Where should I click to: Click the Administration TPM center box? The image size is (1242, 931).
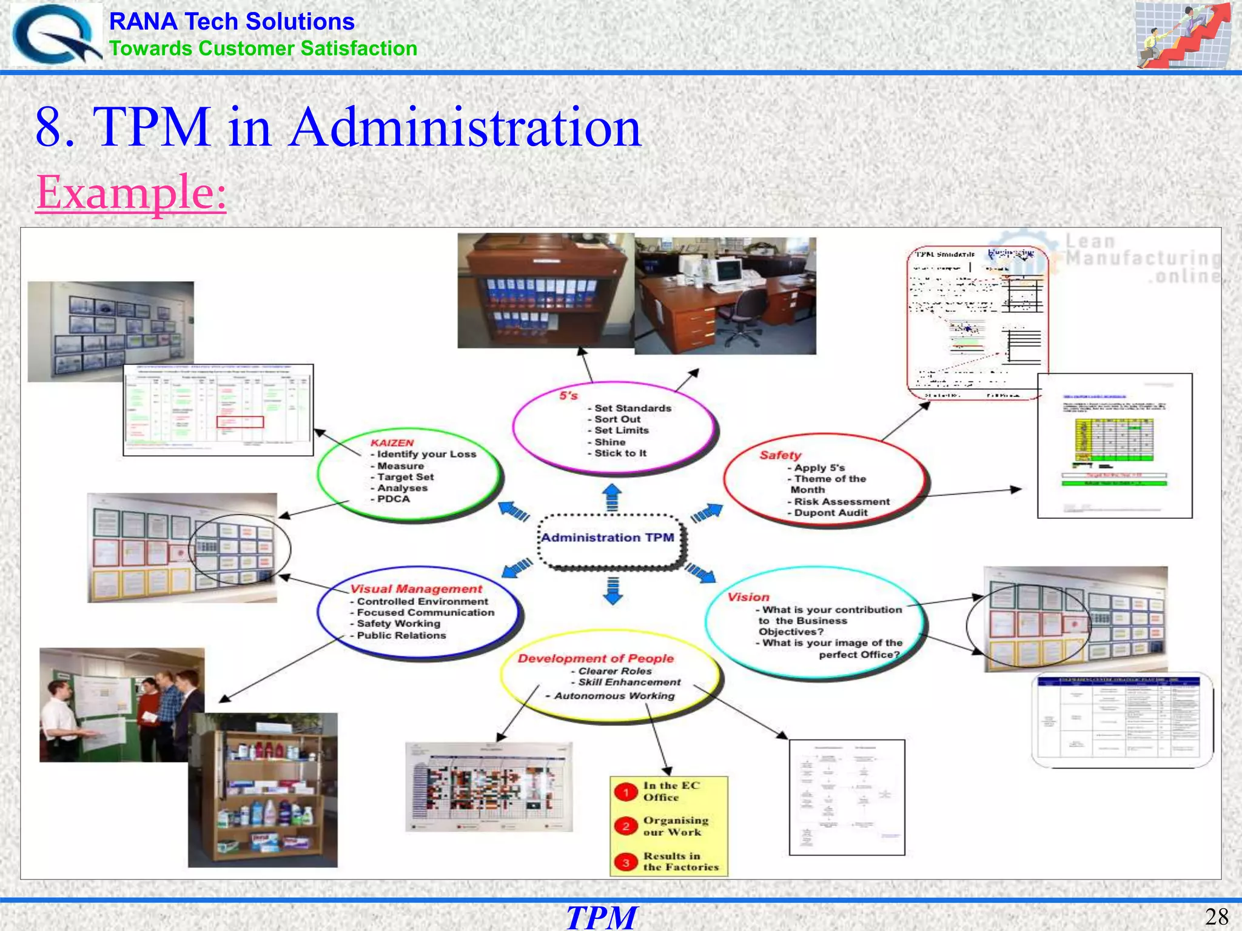point(608,538)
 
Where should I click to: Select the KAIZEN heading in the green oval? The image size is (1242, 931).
point(392,443)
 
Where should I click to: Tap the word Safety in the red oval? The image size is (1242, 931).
point(780,455)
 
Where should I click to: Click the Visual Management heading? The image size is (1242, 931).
point(416,589)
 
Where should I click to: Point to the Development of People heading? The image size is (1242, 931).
point(596,659)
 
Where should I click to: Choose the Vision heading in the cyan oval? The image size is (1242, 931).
point(748,598)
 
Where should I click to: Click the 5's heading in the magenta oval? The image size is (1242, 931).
point(568,396)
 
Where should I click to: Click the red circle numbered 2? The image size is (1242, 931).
point(626,826)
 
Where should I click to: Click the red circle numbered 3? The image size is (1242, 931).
point(626,863)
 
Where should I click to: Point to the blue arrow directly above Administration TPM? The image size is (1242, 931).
point(613,496)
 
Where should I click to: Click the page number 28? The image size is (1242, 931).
point(1217,916)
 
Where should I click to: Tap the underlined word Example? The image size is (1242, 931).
point(131,192)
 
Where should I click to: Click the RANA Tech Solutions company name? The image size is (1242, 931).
point(232,22)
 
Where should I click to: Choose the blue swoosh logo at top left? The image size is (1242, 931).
point(56,35)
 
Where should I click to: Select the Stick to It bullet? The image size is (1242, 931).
point(619,453)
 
